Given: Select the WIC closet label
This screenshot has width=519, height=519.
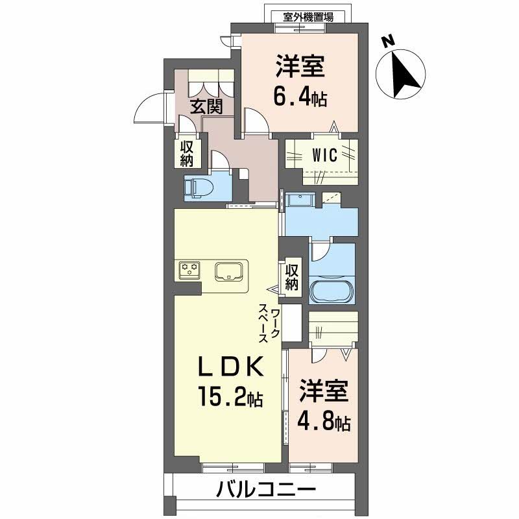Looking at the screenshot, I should (x=322, y=156).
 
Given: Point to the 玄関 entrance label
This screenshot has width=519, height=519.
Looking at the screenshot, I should (x=206, y=106).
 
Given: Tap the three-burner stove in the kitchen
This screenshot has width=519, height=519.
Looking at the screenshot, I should (x=190, y=270).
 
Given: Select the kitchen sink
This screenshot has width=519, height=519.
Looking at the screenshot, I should (x=228, y=271).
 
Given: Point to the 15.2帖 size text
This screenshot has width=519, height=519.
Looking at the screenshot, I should (x=230, y=397).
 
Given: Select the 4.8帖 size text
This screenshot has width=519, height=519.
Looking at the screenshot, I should (x=324, y=422).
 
